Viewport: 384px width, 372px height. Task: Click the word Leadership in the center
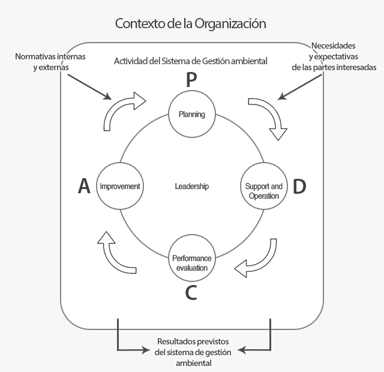click(192, 187)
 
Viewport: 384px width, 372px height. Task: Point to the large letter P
click(191, 80)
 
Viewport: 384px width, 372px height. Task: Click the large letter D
click(299, 187)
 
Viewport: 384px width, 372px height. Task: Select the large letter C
click(191, 293)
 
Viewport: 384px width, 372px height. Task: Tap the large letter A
click(84, 186)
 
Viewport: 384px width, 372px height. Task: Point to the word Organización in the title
click(230, 24)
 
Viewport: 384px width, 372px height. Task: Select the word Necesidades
click(334, 46)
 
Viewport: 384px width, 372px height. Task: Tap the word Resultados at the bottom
click(175, 341)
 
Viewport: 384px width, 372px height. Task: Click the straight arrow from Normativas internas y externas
click(89, 86)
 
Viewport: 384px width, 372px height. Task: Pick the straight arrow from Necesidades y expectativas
click(299, 87)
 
